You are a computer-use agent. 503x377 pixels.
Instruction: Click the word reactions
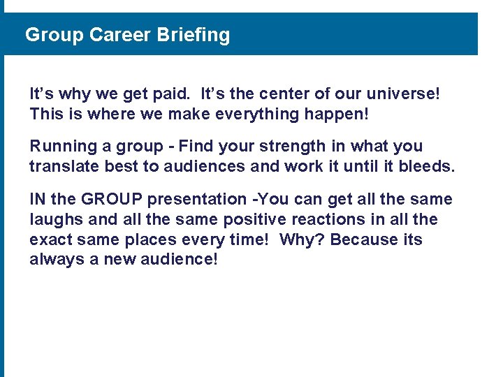(323, 220)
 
